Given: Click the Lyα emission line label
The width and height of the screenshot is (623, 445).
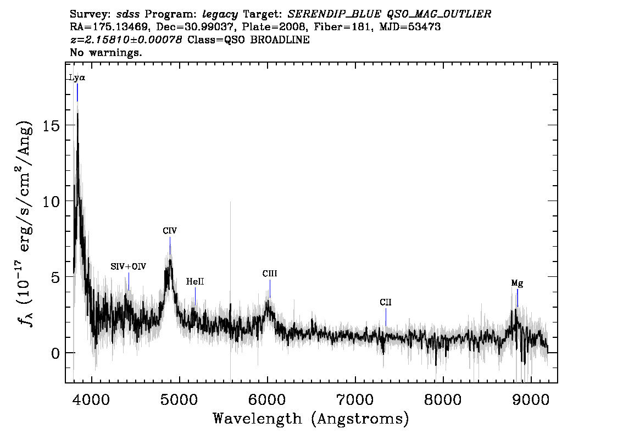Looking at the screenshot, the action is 77,77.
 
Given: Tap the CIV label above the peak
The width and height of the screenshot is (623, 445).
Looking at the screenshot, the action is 170,230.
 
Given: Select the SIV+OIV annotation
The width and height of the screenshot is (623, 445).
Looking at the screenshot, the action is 129,266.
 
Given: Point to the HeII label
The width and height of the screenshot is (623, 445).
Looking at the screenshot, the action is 195,281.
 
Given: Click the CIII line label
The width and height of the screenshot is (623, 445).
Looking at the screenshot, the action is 270,274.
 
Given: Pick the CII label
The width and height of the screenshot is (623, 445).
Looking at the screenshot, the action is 386,302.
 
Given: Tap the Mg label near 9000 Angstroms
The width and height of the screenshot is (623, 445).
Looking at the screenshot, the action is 517,283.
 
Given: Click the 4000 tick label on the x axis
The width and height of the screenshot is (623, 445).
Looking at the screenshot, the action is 92,399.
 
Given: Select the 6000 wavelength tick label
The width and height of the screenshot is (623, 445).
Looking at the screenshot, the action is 268,399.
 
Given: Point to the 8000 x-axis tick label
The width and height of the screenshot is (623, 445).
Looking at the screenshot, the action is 443,399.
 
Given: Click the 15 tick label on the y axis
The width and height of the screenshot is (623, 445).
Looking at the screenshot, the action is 51,126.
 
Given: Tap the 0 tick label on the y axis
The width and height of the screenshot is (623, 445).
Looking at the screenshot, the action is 55,353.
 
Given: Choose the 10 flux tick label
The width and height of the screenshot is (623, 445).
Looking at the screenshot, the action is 51,202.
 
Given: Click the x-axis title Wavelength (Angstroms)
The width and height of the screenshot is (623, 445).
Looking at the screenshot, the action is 311,419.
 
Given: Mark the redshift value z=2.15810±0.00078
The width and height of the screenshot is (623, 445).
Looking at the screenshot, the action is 126,40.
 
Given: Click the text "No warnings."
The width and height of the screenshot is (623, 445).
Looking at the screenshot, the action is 105,52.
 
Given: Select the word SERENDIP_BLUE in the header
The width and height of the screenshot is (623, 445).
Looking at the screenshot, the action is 334,14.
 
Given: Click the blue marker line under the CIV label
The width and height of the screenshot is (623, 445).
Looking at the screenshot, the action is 170,245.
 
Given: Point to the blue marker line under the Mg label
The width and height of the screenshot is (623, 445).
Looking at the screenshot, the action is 518,298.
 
